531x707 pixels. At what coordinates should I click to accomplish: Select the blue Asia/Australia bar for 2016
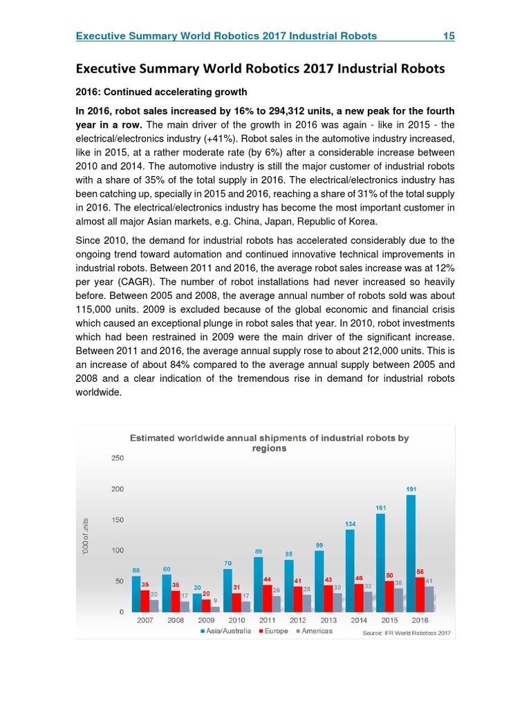(x=411, y=553)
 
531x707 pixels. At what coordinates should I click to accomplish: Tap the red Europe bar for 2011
(x=267, y=598)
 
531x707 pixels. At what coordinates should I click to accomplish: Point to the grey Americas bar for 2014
(x=368, y=601)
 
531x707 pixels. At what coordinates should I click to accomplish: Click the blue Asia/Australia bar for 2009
(x=198, y=602)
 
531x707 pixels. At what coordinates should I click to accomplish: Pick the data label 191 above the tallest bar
(x=411, y=489)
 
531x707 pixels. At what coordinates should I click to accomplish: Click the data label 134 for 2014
(x=351, y=524)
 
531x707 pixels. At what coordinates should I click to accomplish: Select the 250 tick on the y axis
(x=118, y=458)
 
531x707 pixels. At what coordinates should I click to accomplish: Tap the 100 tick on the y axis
(x=118, y=550)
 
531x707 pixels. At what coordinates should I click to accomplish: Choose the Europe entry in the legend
(x=276, y=631)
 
